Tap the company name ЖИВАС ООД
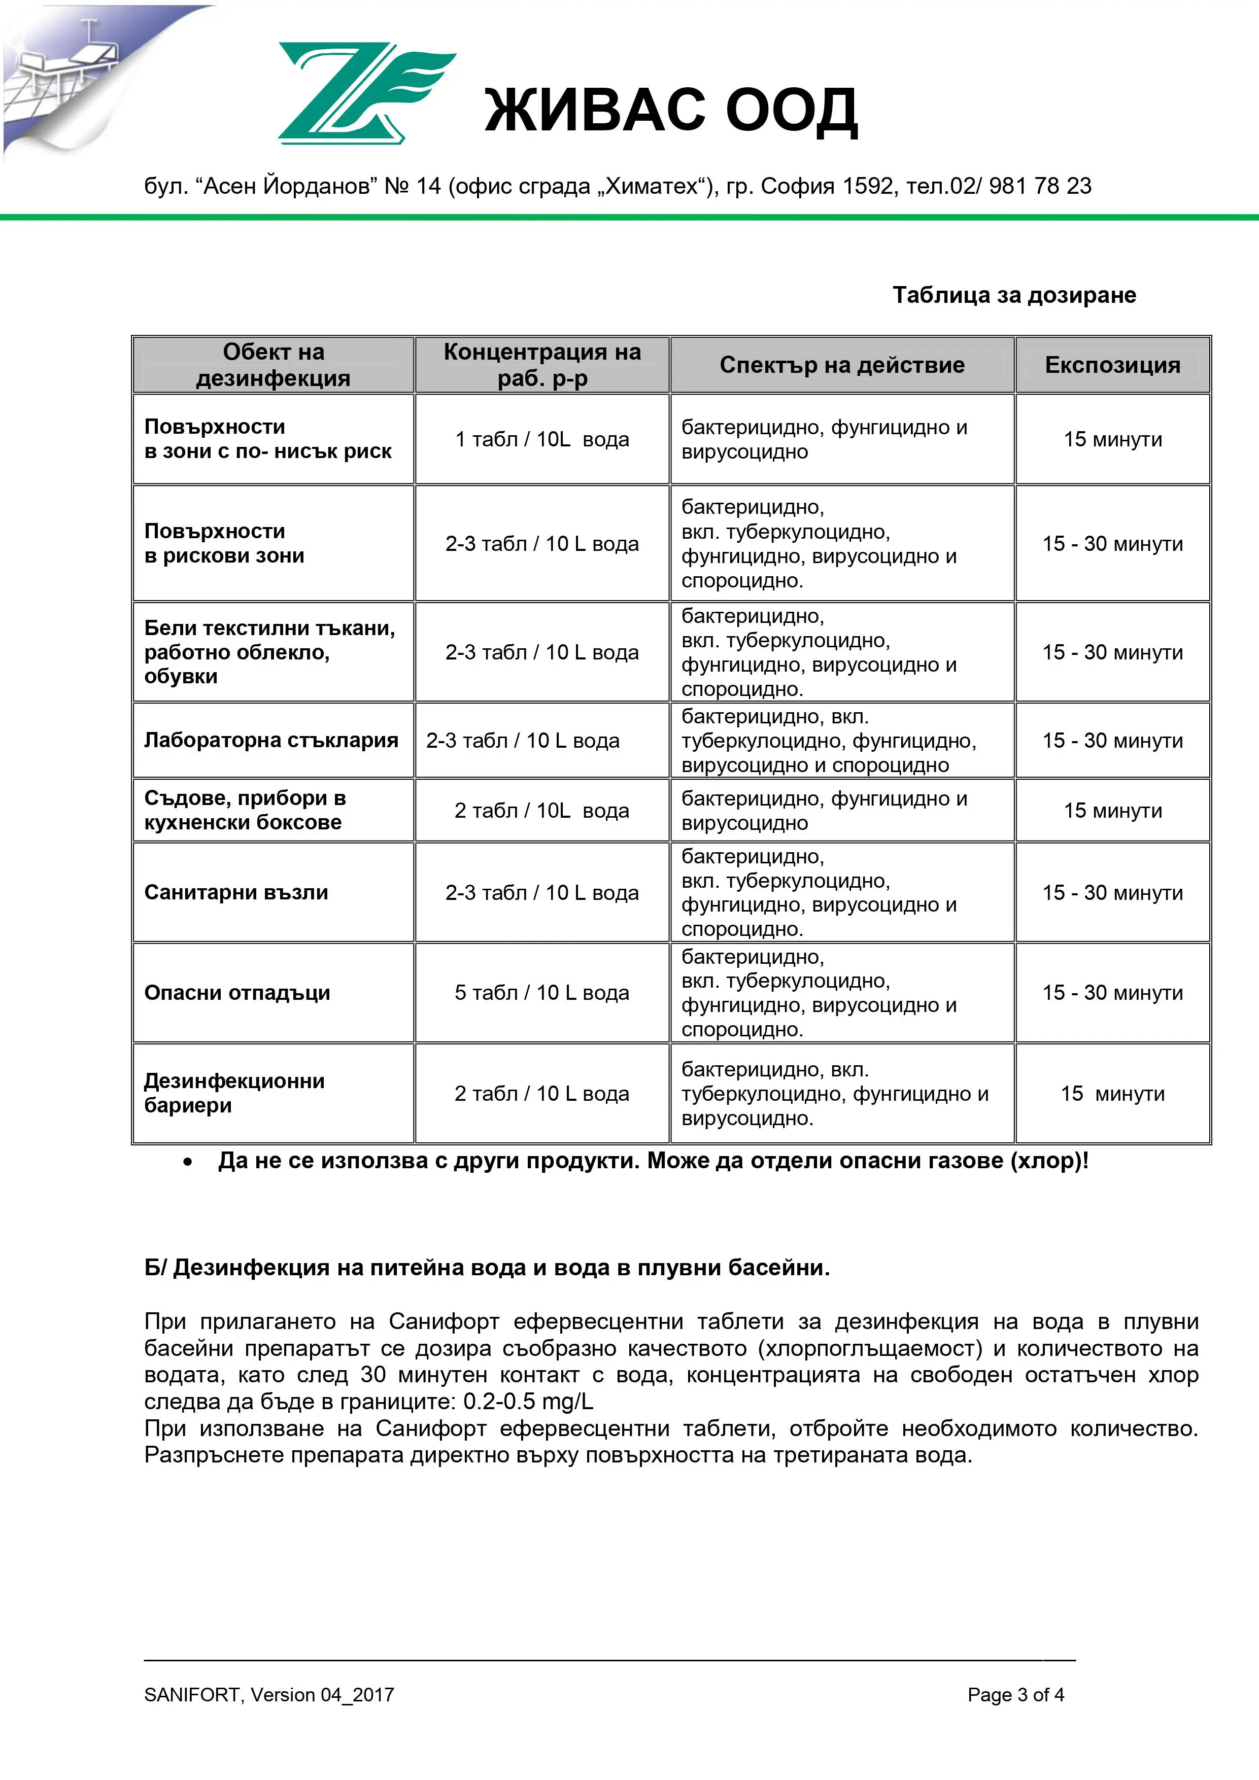pyautogui.click(x=671, y=111)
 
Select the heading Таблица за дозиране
pyautogui.click(x=1014, y=295)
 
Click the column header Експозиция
pyautogui.click(x=1112, y=365)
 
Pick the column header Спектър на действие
pyautogui.click(x=842, y=365)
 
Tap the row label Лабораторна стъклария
pyautogui.click(x=271, y=741)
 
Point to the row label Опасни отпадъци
pyautogui.click(x=237, y=993)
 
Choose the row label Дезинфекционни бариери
pyautogui.click(x=234, y=1093)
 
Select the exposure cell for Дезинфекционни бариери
pyautogui.click(x=1112, y=1094)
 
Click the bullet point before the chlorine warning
pyautogui.click(x=187, y=1163)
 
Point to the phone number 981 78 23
pyautogui.click(x=1040, y=186)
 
